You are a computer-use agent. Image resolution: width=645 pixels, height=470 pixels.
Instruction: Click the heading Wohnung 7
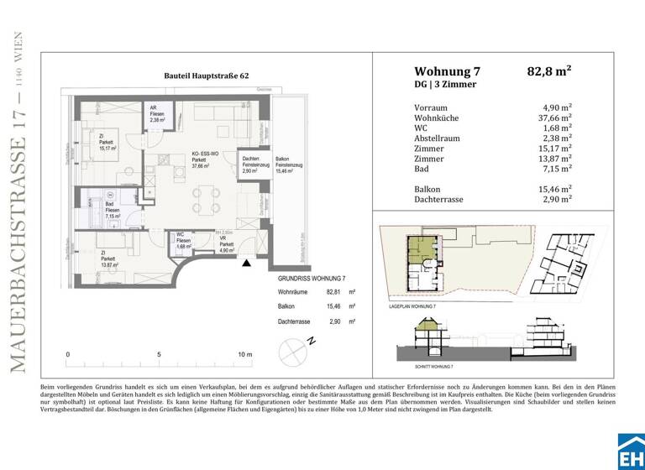447,71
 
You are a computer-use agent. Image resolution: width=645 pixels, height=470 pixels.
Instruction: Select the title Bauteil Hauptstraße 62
207,76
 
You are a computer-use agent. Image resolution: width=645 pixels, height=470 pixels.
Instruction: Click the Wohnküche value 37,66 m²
553,117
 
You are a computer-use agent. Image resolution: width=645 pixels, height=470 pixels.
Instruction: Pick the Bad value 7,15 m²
557,169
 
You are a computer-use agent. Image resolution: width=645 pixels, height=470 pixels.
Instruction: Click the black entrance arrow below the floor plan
246,264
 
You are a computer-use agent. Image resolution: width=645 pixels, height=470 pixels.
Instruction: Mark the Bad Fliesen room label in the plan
110,209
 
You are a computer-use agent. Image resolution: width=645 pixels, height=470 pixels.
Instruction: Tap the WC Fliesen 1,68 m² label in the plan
184,241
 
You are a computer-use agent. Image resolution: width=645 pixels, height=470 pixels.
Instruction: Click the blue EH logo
631,452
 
